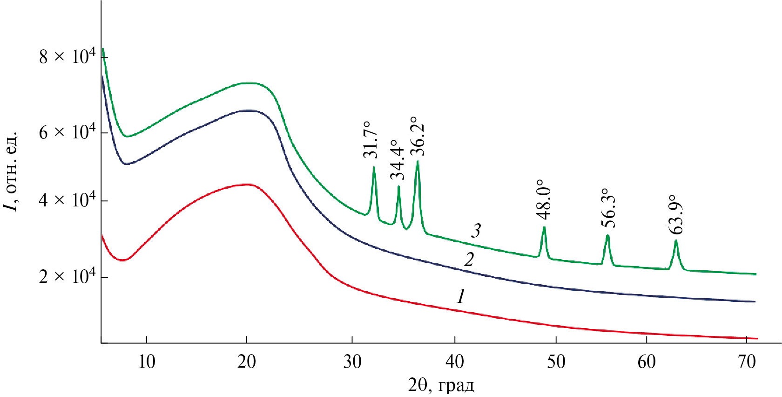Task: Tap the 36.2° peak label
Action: click(x=417, y=136)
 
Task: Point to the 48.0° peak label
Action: click(x=543, y=199)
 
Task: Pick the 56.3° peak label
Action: click(x=608, y=208)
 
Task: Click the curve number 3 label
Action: click(x=476, y=231)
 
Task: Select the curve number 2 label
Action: click(x=469, y=260)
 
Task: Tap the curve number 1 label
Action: click(x=461, y=296)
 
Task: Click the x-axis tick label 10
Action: click(x=147, y=362)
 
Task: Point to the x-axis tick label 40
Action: click(x=454, y=362)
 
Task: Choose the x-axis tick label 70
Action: click(x=747, y=362)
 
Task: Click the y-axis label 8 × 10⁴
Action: click(x=67, y=57)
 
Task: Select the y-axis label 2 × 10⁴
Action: click(x=67, y=276)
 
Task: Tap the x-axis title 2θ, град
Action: click(x=441, y=385)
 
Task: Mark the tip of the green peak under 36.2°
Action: click(x=418, y=161)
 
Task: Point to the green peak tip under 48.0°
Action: click(x=544, y=227)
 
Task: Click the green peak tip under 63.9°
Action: click(x=676, y=240)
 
